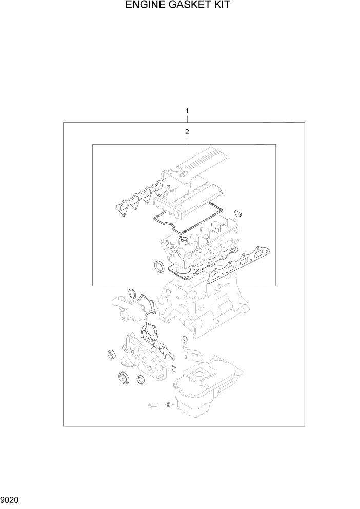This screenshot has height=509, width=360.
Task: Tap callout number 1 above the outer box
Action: [187, 110]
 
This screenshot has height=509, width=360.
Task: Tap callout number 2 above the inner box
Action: [187, 132]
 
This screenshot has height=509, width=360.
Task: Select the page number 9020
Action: [10, 498]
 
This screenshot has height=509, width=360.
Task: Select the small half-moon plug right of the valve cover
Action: [237, 212]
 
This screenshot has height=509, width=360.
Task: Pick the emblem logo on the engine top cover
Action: [182, 174]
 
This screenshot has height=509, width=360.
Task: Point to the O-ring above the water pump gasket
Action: [132, 294]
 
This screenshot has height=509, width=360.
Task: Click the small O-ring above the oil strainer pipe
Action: [183, 338]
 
